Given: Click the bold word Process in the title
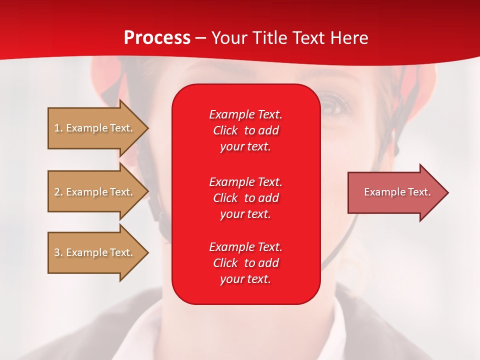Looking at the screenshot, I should coord(157,37).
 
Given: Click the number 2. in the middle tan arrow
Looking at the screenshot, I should coord(58,192).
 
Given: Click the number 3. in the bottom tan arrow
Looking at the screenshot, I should coord(58,252).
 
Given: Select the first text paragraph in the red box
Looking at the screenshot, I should coord(245,130).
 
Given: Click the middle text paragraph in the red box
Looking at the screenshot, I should coord(245,198).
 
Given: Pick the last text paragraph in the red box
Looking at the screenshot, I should coord(245,263).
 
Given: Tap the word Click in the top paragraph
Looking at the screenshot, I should coord(225,130).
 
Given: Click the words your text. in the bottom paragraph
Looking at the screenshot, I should coord(245,279).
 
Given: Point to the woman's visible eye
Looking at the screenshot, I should coord(331,105).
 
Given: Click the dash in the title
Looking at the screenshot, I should coord(200,38).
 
